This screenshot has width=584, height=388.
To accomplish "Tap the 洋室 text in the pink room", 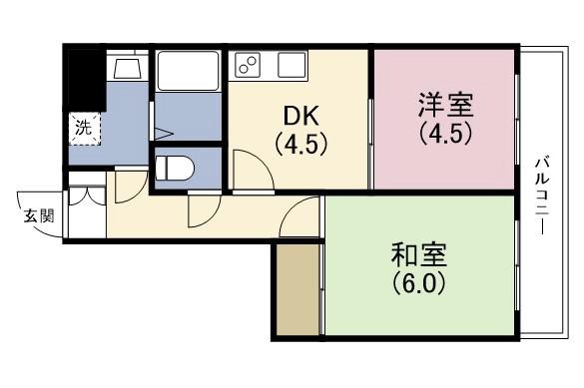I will click(x=446, y=104).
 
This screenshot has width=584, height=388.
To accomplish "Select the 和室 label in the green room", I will click(x=418, y=254).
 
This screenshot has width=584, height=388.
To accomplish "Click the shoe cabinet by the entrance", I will click(x=85, y=208).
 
